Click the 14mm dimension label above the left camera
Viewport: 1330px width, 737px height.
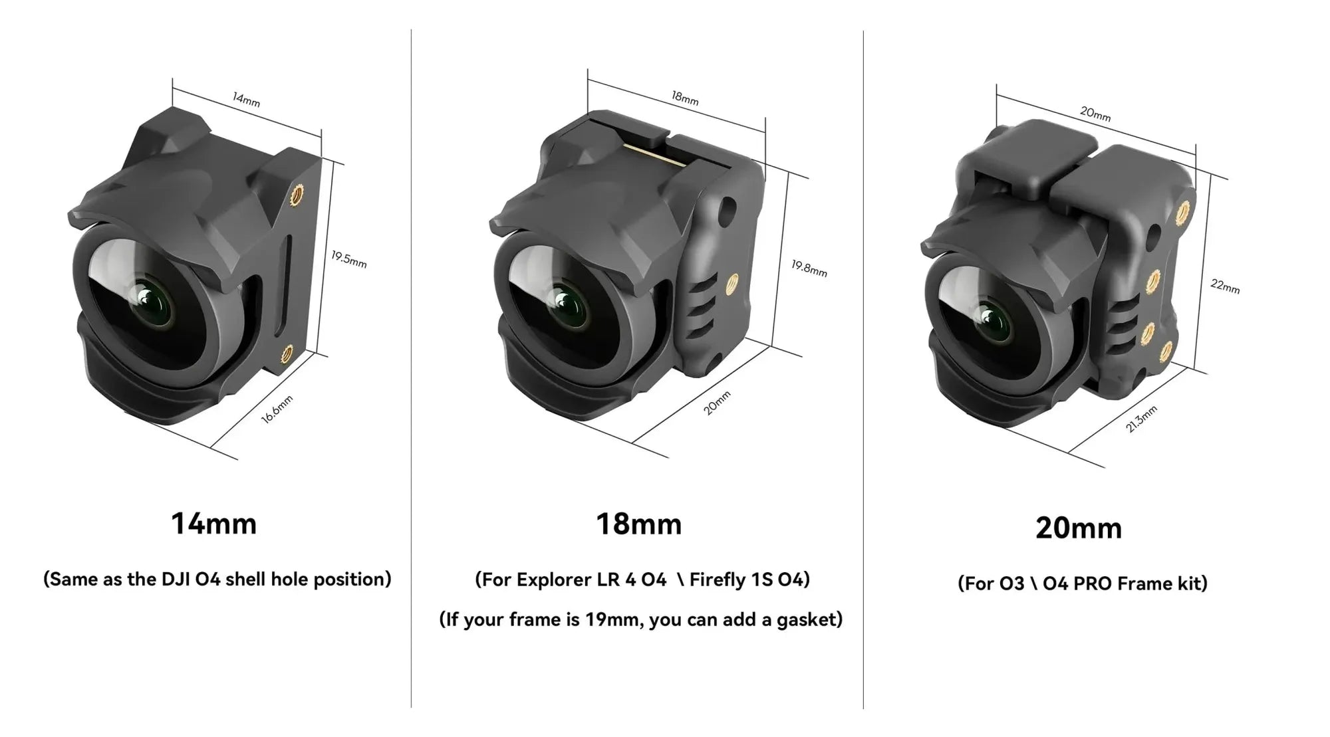coord(246,100)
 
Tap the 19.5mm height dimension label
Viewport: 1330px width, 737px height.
coord(349,259)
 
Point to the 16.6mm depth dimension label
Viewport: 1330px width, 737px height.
coord(277,408)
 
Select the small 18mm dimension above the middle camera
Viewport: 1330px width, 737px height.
coord(684,98)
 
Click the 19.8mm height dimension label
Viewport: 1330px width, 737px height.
coord(809,268)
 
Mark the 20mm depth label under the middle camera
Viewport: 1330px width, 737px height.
coord(717,403)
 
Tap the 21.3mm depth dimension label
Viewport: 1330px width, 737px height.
coord(1141,419)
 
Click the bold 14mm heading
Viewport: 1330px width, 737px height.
coord(213,523)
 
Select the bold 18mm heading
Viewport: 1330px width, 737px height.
coord(639,524)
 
